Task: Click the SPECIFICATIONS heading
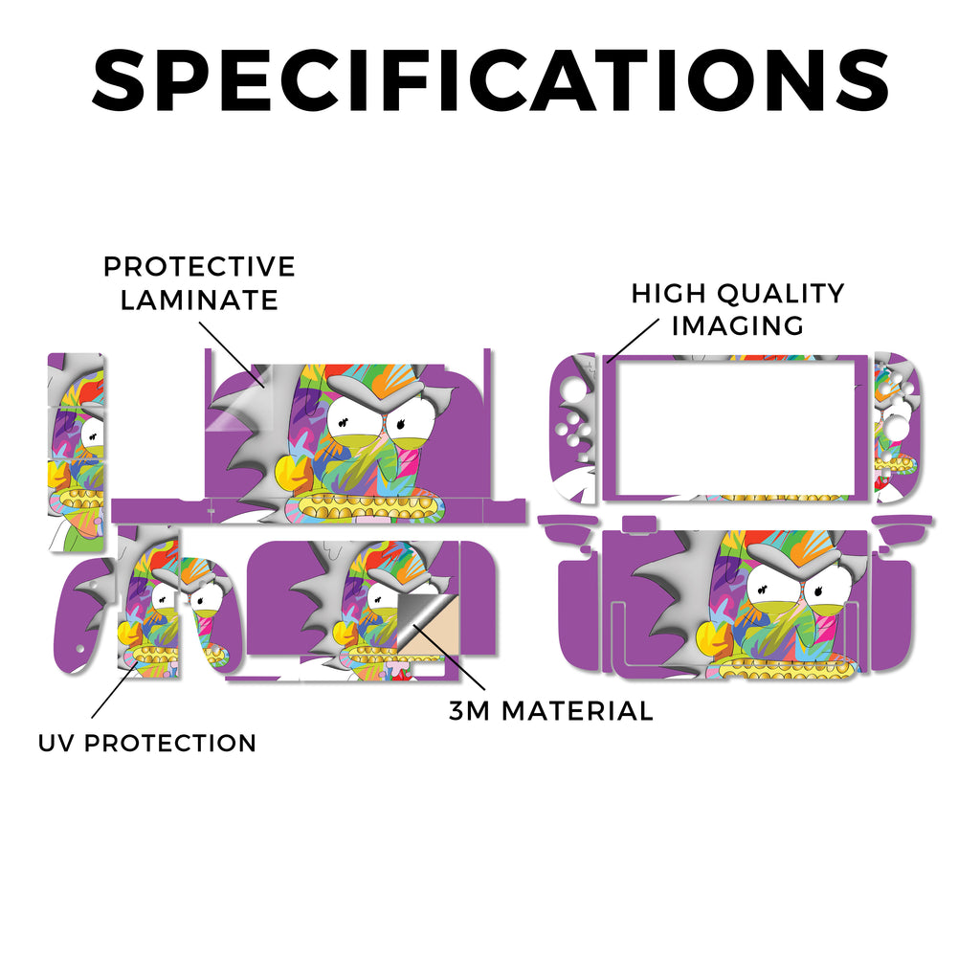point(490,80)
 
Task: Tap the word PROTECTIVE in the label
point(199,267)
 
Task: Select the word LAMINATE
point(199,300)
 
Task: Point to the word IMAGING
point(738,325)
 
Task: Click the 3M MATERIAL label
point(551,711)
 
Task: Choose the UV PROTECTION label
point(147,743)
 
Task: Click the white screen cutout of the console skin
point(736,428)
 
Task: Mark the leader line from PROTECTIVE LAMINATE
point(232,354)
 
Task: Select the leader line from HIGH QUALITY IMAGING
point(633,341)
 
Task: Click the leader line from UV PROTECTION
point(115,691)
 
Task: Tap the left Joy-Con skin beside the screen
point(572,428)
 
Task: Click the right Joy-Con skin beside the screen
point(898,428)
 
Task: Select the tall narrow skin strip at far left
point(77,452)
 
